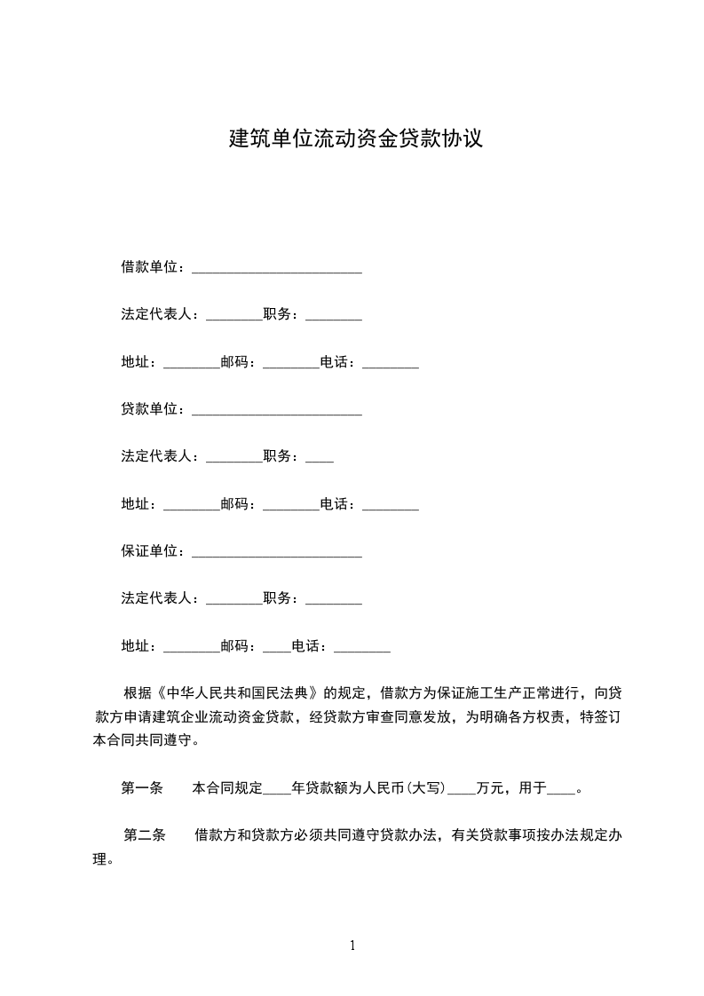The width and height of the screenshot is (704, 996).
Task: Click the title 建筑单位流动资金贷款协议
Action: [x=356, y=138]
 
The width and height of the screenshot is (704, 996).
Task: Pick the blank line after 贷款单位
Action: [x=277, y=412]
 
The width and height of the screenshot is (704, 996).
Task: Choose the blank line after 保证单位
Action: [x=277, y=554]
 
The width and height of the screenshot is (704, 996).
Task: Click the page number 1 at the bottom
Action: [x=352, y=945]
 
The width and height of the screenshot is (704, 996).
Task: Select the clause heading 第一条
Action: [x=142, y=787]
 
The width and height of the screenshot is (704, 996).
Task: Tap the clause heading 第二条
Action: [x=145, y=835]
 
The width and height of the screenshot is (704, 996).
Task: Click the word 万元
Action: [x=491, y=787]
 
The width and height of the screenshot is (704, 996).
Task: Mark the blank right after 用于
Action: [x=562, y=789]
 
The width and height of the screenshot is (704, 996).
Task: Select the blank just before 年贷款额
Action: [x=278, y=789]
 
